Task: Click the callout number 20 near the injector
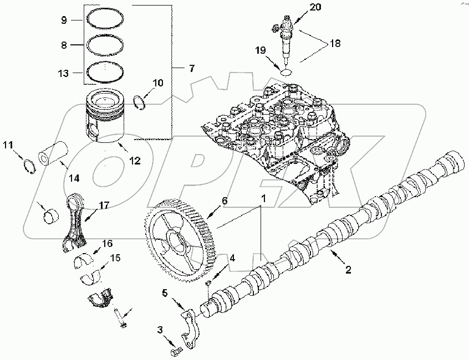click(299, 7)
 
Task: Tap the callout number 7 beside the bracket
click(191, 69)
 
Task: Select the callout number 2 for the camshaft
click(348, 270)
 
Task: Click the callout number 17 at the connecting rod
click(104, 205)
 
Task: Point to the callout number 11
click(7, 145)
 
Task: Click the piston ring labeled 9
click(104, 21)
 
